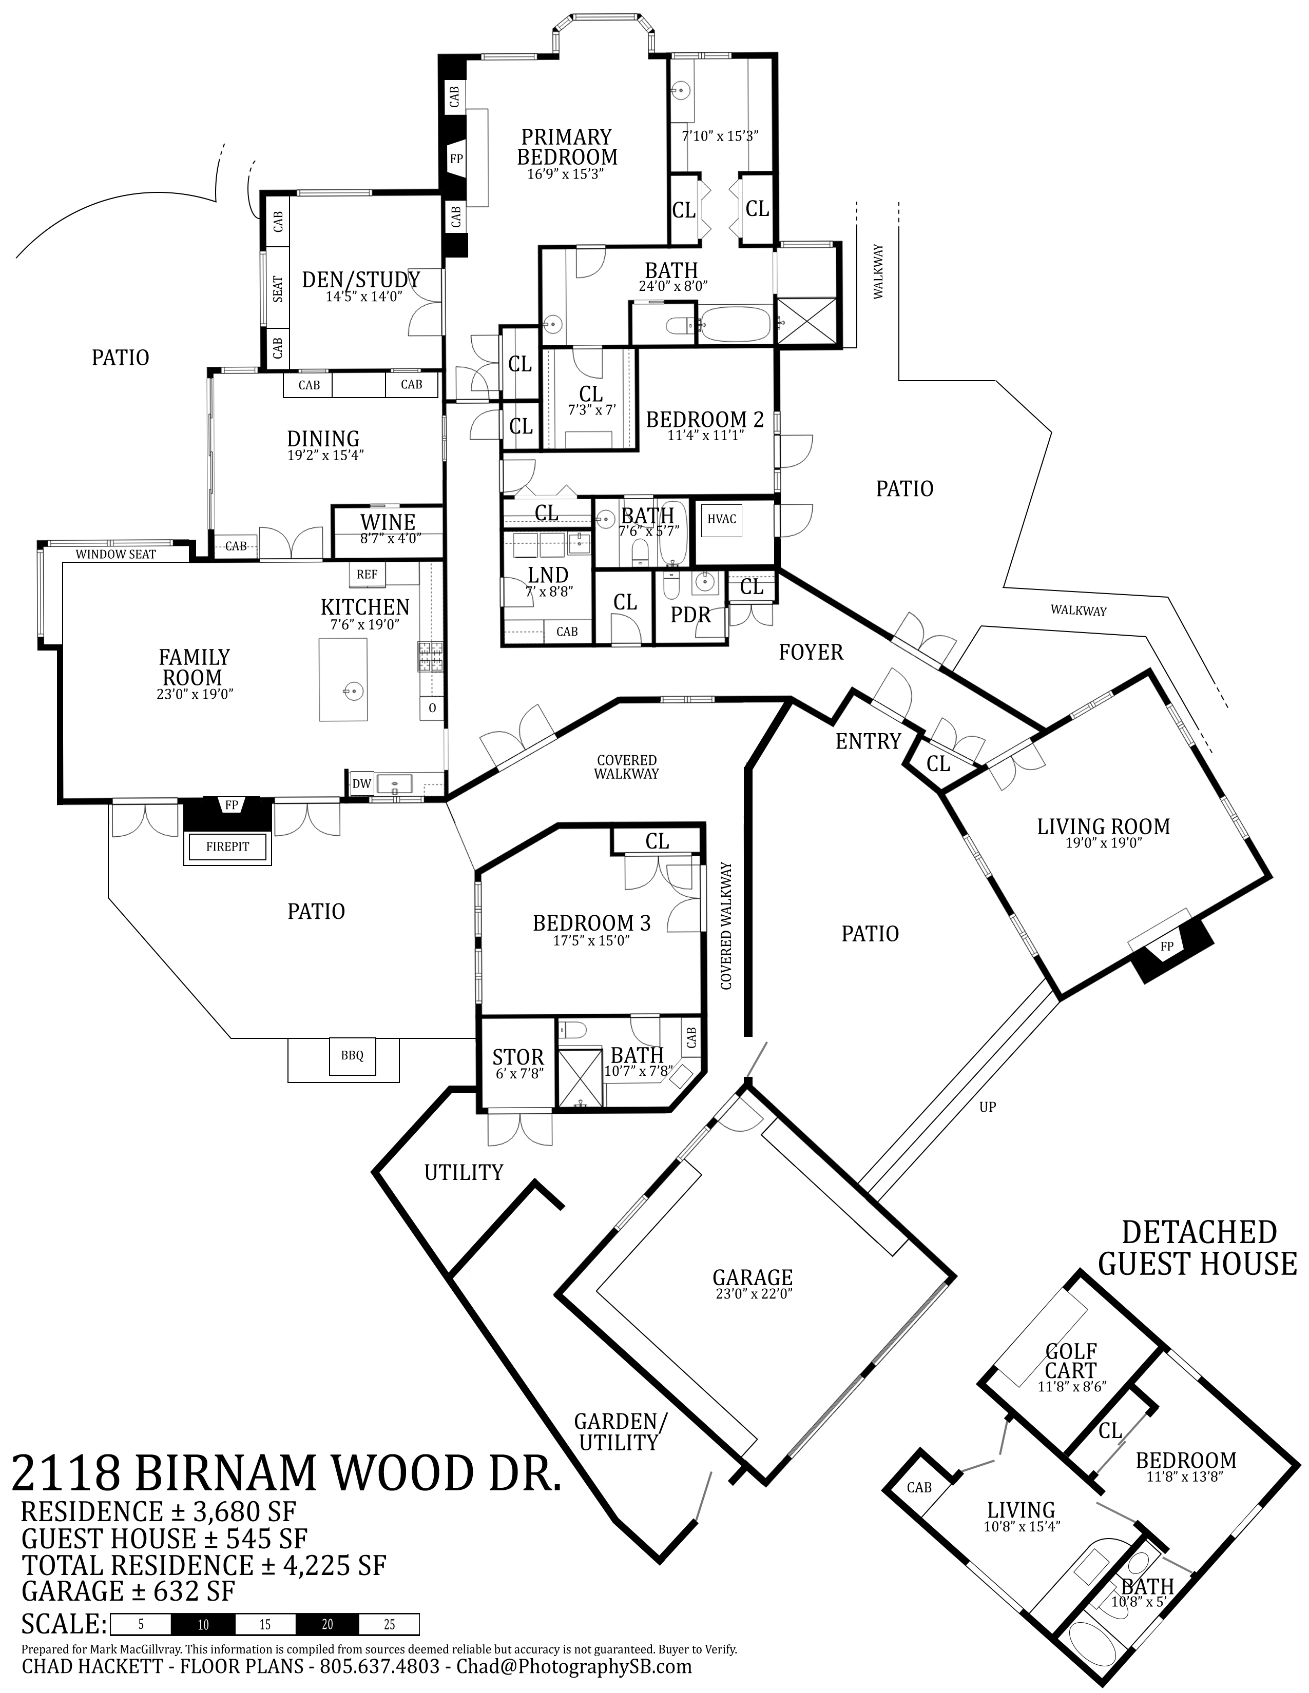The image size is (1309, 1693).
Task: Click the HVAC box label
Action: (x=721, y=519)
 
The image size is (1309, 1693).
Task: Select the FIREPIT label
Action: (x=228, y=846)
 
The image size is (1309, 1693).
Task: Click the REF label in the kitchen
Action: (x=368, y=575)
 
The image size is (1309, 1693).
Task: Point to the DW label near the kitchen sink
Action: (x=361, y=784)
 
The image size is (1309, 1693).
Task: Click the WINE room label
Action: (x=388, y=522)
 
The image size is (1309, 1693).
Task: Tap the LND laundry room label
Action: (x=548, y=575)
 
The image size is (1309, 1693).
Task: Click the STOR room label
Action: (x=518, y=1057)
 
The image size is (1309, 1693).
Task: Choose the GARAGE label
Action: (x=752, y=1277)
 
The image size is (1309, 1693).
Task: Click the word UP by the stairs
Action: (x=987, y=1107)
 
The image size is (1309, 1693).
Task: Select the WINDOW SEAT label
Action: (x=115, y=554)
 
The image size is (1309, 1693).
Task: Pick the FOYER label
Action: (x=811, y=653)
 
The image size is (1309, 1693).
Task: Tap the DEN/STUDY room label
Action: (x=361, y=280)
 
